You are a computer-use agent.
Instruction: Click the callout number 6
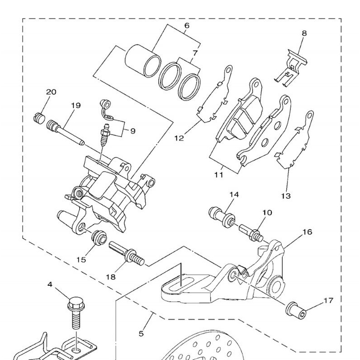tap(187, 26)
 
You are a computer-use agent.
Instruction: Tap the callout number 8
tap(304, 33)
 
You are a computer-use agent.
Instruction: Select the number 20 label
tap(51, 92)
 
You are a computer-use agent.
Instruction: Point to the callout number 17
tap(329, 301)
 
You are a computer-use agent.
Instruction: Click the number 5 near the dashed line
tap(141, 334)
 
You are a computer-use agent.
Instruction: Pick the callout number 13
tap(286, 196)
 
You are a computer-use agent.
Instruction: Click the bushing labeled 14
tap(221, 216)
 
